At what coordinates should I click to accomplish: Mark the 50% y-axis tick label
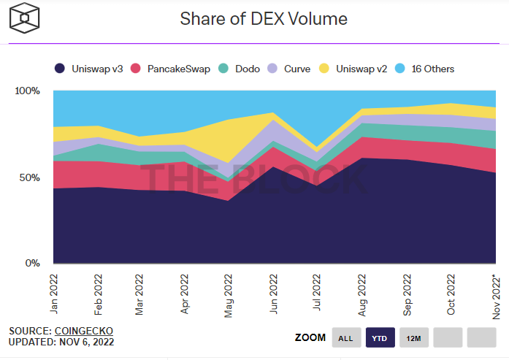click(29, 177)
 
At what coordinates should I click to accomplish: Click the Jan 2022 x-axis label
click(54, 294)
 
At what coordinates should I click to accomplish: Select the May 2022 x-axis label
click(229, 294)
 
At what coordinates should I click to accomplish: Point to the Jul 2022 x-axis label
click(317, 294)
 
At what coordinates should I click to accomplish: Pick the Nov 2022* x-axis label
click(493, 296)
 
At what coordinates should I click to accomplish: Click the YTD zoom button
click(380, 337)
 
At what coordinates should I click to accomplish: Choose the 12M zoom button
click(413, 337)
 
